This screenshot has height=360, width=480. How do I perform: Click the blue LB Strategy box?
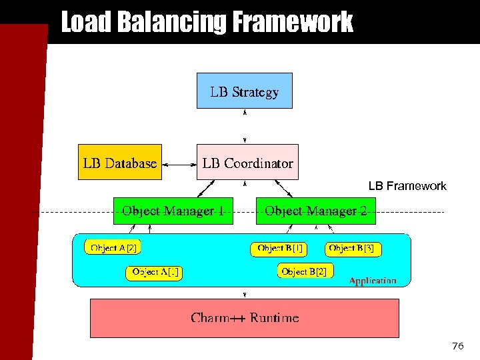245,90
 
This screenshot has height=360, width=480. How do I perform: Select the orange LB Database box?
120,162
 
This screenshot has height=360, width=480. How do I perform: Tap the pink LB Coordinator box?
247,162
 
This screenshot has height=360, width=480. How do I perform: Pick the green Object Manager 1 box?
173,211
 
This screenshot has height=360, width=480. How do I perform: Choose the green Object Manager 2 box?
316,211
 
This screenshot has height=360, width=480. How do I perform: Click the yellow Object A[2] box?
113,247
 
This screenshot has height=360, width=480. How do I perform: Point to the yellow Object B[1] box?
279,249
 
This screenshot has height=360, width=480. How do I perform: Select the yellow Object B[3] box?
354,249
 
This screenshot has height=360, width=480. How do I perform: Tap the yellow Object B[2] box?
305,271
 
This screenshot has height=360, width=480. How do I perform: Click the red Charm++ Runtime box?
245,318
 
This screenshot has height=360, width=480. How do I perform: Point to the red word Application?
373,281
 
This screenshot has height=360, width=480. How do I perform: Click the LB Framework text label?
407,186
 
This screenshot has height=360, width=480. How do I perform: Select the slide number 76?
457,346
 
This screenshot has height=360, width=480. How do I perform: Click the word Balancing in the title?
173,22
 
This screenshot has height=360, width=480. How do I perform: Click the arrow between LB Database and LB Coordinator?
179,163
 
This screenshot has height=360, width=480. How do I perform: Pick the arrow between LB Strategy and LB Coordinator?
245,126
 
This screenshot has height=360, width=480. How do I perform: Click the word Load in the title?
87,22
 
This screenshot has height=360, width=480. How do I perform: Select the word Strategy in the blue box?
255,92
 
